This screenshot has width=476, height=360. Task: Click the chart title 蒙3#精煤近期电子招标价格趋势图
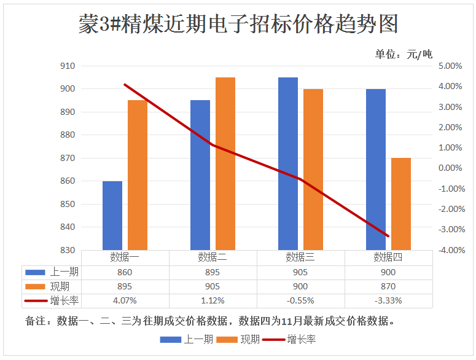238,25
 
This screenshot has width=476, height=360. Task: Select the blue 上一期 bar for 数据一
112,216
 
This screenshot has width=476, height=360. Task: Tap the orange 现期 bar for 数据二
225,163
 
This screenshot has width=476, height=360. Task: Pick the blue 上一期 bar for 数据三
288,163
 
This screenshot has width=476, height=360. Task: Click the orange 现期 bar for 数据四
401,204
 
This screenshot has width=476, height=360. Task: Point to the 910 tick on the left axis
68,66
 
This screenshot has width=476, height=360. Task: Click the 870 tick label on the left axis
68,158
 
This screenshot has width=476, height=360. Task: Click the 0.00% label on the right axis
450,168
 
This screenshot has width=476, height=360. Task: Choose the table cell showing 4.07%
125,300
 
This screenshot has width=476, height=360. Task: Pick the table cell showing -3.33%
388,300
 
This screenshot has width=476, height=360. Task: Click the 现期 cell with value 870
388,286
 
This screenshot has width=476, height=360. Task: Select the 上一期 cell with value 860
125,272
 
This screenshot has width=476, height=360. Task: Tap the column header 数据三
300,257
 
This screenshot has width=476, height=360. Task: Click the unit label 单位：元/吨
404,54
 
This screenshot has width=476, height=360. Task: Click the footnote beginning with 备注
209,321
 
